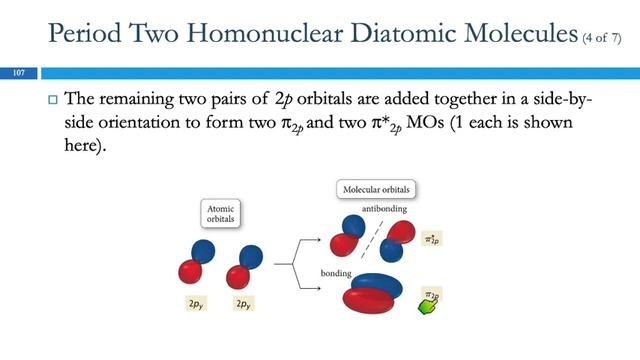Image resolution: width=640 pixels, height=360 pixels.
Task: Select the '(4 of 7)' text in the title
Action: (x=603, y=39)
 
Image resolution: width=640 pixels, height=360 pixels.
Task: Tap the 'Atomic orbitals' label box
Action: (x=224, y=213)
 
